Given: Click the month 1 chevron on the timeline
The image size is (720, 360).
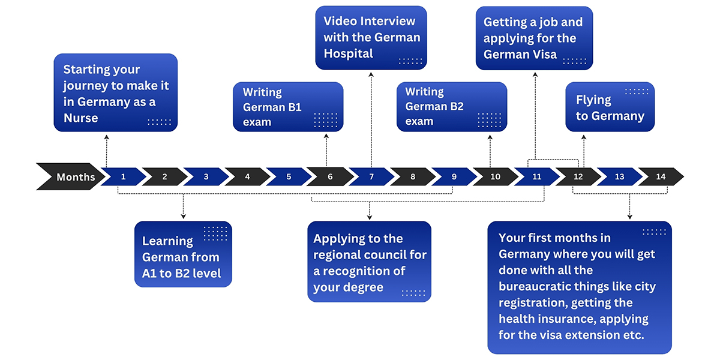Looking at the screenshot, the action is pos(124,176).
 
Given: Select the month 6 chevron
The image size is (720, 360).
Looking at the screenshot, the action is pos(330,176).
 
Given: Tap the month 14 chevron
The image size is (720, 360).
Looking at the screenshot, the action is pos(661,176).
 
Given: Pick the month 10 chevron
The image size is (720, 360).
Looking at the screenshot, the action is pos(496,176).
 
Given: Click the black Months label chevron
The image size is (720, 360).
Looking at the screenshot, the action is pos(71,176).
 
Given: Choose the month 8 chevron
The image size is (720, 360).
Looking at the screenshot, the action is pos(413,176).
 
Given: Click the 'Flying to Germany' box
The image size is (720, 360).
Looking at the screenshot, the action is pos(610,107).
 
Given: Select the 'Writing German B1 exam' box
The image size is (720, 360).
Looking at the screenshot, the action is pos(288,107).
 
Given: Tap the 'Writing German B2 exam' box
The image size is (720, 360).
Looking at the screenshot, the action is pos(452,107).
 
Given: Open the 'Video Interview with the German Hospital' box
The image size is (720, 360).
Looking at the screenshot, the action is pos(371,38).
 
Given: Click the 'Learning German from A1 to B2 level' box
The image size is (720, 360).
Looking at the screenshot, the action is pos(183,254).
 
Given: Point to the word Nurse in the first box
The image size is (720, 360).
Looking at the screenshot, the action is pos(80,118).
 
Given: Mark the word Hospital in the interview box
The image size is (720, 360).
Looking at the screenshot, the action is pos(349,53).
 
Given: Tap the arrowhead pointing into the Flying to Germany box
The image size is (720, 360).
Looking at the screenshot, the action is pos(584,137).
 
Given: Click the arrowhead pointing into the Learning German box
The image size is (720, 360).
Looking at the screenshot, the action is pos(183,217).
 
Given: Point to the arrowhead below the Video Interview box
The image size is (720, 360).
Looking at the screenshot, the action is pos(371,74).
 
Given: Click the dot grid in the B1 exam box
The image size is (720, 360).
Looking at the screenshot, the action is pos(326,120).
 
